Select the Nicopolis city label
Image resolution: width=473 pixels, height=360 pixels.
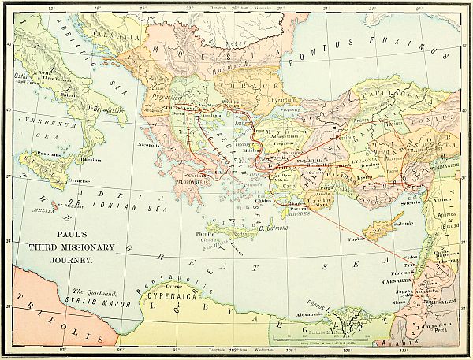coord(149,145)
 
